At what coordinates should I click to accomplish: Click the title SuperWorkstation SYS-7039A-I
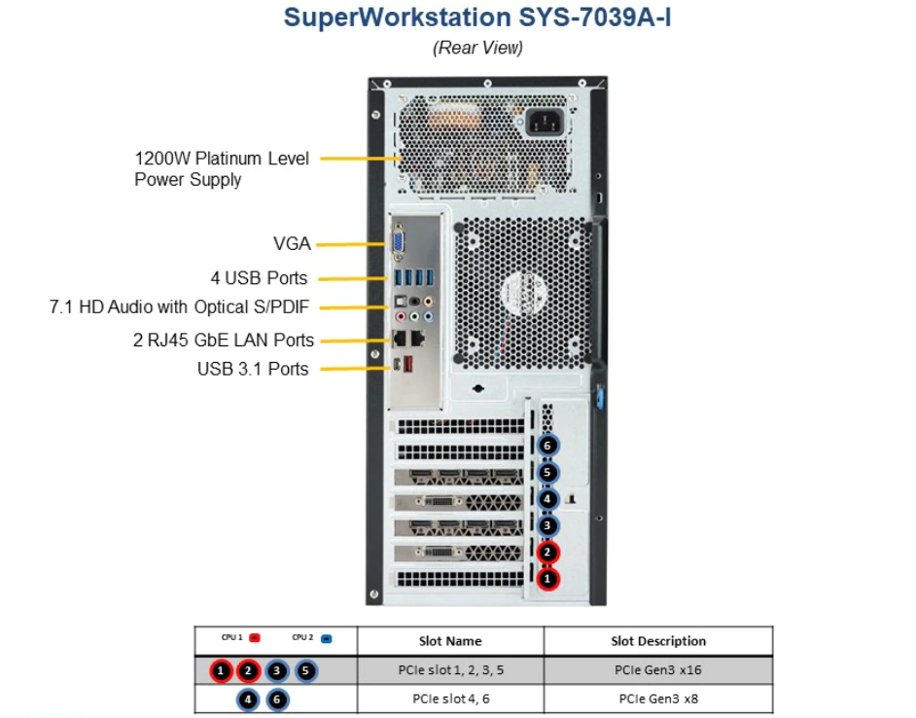pos(476,18)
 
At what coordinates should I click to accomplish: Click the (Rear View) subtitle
pos(477,48)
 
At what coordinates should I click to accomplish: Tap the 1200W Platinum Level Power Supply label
pos(221,168)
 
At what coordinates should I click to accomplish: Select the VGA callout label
pos(292,244)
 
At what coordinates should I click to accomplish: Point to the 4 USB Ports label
pos(259,278)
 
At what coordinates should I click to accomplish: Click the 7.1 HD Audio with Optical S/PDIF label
pos(179,307)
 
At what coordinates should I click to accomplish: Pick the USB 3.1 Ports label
pos(253,369)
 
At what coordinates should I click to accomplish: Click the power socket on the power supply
pos(546,124)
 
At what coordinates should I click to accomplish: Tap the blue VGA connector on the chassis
pos(400,244)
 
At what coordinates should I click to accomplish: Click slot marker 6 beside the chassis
pos(548,445)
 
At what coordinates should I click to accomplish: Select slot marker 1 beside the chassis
pos(548,578)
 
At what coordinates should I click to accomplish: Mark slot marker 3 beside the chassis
pos(548,525)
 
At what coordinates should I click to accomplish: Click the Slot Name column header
pos(450,641)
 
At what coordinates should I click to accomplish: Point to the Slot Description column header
pos(658,641)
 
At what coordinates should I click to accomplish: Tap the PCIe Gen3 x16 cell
pos(658,670)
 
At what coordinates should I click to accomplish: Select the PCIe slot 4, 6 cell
pos(450,699)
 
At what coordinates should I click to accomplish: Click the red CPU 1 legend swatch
pos(253,638)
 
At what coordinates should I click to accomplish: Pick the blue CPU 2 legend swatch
pos(326,638)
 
